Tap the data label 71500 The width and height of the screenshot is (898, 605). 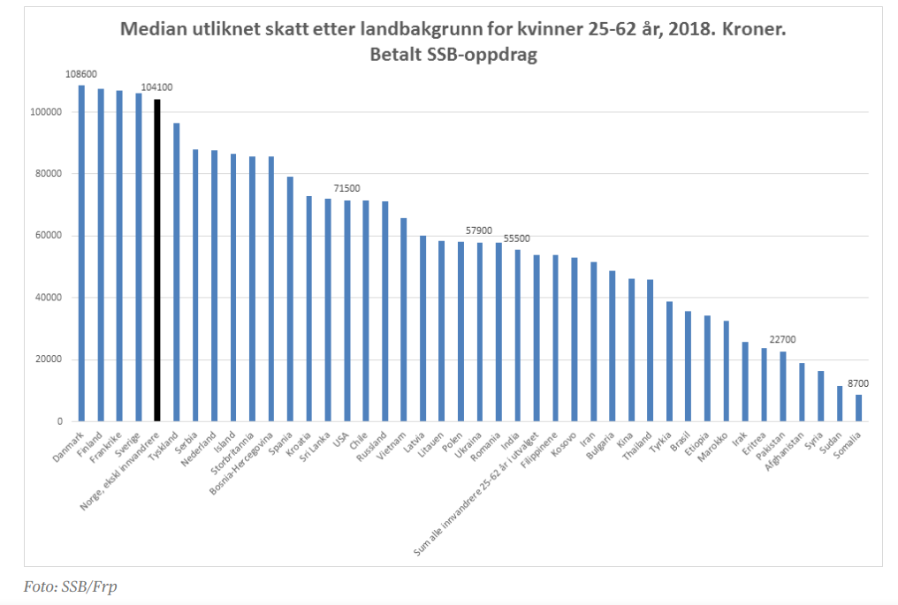click(346, 189)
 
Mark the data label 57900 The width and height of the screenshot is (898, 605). click(479, 231)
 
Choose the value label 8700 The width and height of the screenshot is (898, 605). click(856, 383)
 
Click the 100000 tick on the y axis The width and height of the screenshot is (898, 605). click(44, 112)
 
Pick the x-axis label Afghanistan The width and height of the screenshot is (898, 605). click(787, 451)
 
